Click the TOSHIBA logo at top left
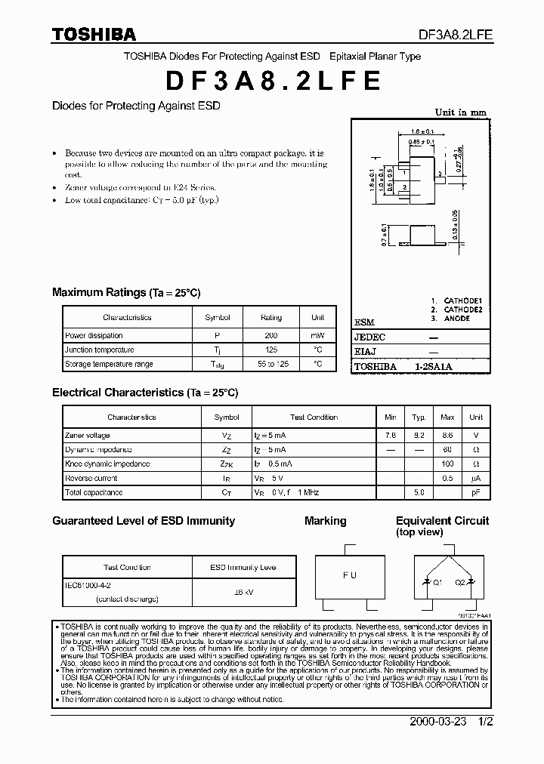pos(94,35)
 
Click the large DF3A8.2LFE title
pos(273,81)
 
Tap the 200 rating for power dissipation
pos(270,335)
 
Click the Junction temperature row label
pos(100,350)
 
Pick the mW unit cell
pos(317,335)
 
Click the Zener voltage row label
pos(88,436)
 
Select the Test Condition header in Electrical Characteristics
pos(314,417)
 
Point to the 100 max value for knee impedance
pos(447,464)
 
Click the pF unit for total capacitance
pos(476,492)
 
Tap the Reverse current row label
pos(91,478)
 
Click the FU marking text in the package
pos(349,575)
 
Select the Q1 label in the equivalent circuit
pos(437,582)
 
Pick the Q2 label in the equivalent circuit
pos(459,582)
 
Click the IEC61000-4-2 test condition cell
pos(88,584)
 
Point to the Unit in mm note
pos(461,112)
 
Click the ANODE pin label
pos(456,319)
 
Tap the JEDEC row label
pos(369,337)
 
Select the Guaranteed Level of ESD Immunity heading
pos(144,521)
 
